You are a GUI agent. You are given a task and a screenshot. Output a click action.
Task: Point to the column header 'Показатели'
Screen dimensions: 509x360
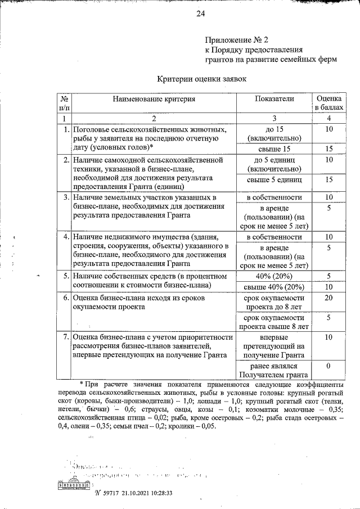(x=274, y=98)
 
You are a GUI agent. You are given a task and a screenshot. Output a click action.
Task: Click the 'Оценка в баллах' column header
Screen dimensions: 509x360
(x=329, y=102)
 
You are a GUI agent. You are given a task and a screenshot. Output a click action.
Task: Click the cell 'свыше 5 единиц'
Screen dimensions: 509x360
(x=274, y=179)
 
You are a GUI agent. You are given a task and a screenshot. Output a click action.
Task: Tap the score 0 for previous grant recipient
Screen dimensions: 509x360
(x=329, y=366)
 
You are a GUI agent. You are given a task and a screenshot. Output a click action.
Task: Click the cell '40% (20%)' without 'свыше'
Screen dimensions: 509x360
(x=274, y=276)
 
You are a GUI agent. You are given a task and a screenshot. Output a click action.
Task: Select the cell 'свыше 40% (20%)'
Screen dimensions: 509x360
(x=274, y=287)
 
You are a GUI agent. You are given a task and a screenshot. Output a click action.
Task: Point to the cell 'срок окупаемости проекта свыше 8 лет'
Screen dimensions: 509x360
(x=274, y=322)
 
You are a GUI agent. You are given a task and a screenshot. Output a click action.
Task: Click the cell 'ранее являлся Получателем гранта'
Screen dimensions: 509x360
(x=274, y=370)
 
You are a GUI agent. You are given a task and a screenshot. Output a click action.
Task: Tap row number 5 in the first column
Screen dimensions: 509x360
(x=66, y=276)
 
